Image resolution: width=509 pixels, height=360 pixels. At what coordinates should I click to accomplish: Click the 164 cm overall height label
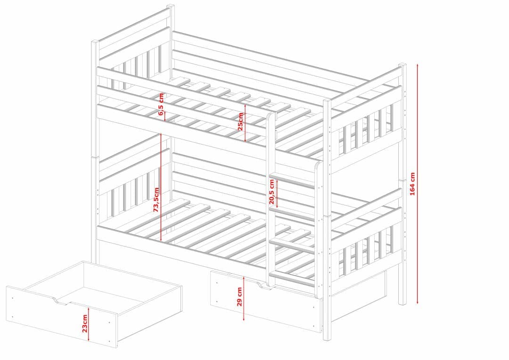coord(412,184)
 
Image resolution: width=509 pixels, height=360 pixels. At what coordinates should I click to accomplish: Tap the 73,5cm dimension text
coord(156,200)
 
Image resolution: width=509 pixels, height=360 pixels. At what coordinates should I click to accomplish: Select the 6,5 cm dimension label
coord(161,105)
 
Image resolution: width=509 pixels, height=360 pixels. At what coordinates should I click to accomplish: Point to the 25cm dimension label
coord(240,122)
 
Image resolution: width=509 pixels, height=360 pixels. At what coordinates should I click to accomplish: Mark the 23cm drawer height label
coord(85,323)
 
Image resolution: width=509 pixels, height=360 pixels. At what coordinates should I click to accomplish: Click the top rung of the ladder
coord(292,182)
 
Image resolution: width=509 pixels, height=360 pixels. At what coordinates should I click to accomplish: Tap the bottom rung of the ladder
coord(292,278)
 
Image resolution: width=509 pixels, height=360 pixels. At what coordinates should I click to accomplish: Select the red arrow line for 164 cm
coord(418,184)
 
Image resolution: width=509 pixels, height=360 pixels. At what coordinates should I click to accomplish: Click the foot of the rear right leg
coord(402,302)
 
